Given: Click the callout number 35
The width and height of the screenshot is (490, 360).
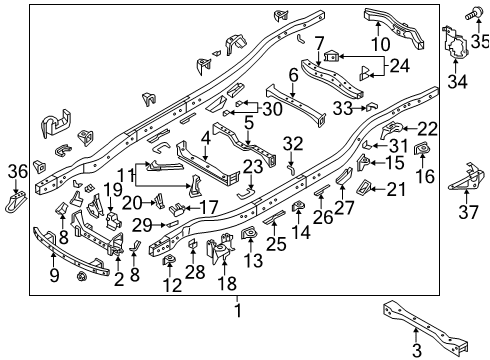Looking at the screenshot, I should (480, 41).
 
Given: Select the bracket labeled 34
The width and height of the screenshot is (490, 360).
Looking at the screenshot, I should (456, 48).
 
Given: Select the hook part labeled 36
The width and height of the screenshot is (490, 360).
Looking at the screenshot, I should (17, 204).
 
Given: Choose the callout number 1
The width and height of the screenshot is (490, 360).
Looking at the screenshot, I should (237, 310).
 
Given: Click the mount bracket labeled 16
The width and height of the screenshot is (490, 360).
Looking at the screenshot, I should (422, 150).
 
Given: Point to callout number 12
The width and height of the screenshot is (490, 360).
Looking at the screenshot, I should (172, 285).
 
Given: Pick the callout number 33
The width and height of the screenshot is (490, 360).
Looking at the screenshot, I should (342, 106).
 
